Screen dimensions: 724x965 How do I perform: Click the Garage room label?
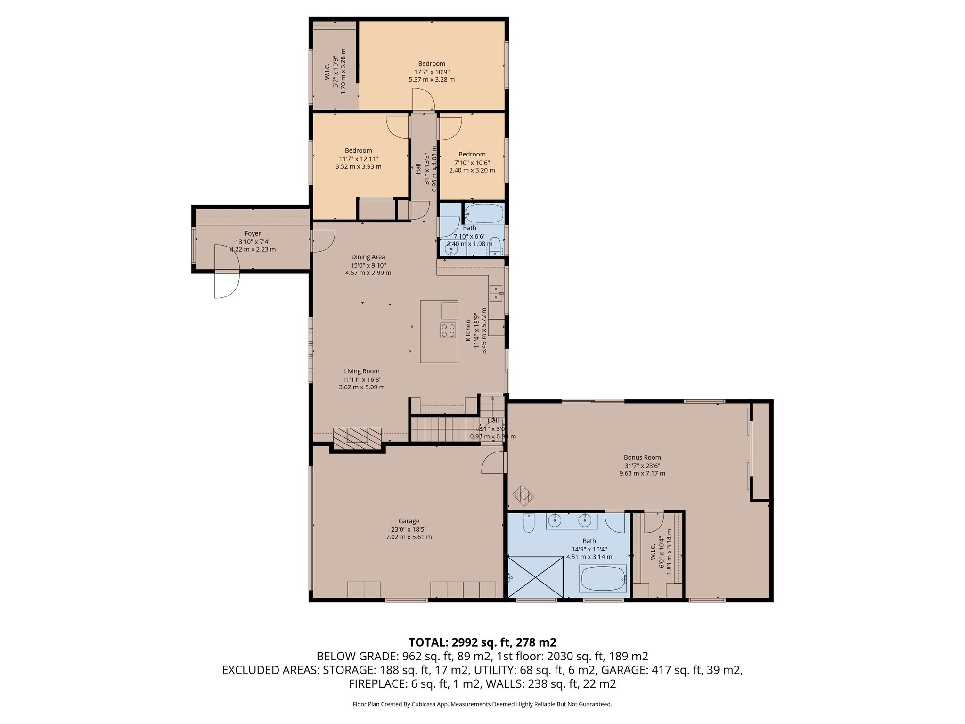(x=408, y=521)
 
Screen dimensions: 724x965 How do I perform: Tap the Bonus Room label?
(x=642, y=457)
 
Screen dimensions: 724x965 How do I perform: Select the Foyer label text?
(x=253, y=233)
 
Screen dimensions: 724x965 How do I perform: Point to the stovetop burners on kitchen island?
(x=448, y=330)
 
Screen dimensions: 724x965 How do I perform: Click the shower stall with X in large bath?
(x=536, y=577)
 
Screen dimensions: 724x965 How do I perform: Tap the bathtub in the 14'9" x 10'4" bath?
(x=603, y=578)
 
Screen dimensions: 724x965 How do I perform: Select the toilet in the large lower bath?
(x=528, y=523)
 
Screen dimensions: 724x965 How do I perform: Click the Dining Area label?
(x=368, y=257)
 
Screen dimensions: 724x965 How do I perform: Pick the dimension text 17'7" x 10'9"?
(x=432, y=72)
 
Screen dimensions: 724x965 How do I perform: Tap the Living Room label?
(x=361, y=371)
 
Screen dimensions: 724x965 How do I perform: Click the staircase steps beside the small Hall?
(x=443, y=429)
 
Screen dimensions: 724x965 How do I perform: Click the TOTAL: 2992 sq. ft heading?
(x=482, y=642)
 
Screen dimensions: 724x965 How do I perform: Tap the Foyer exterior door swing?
(x=226, y=285)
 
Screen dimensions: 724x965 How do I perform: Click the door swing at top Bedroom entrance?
(x=423, y=100)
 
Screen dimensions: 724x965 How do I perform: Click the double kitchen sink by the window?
(x=496, y=293)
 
